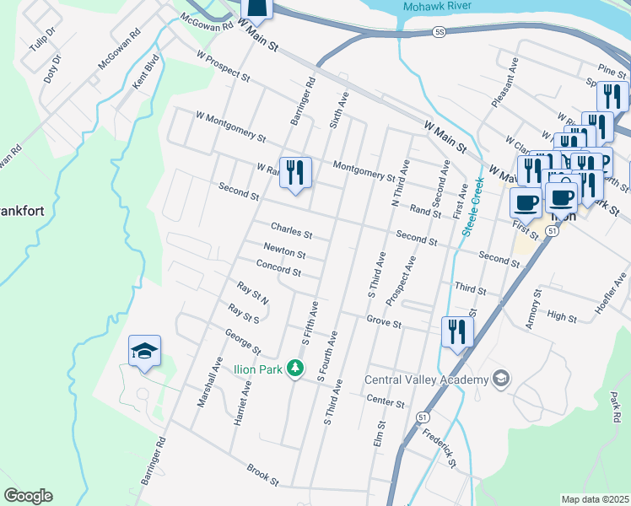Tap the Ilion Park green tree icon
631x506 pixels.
[x=295, y=368]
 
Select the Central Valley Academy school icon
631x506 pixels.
[x=501, y=377]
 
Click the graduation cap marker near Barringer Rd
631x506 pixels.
[x=144, y=351]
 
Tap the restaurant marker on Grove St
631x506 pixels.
[x=456, y=331]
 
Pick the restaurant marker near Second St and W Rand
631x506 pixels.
[x=295, y=173]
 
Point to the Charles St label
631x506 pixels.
[x=291, y=229]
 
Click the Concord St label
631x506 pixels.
[x=278, y=270]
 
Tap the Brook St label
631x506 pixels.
[x=262, y=474]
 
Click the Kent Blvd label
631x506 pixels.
[x=146, y=73]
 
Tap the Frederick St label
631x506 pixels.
[x=440, y=450]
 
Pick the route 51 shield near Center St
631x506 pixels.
[x=421, y=417]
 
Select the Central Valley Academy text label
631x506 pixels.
[x=426, y=379]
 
